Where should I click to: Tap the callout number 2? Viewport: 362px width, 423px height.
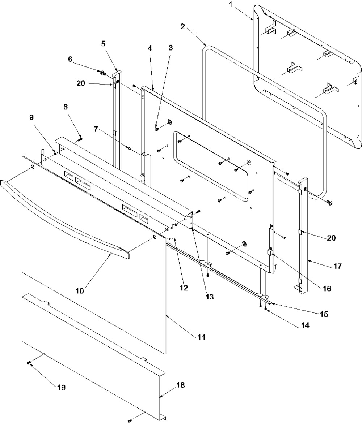coord(183,26)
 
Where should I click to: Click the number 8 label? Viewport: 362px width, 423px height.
coord(75,107)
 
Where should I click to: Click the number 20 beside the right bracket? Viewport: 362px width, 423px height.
coord(331,238)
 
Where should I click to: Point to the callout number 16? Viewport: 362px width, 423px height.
coord(327,289)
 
